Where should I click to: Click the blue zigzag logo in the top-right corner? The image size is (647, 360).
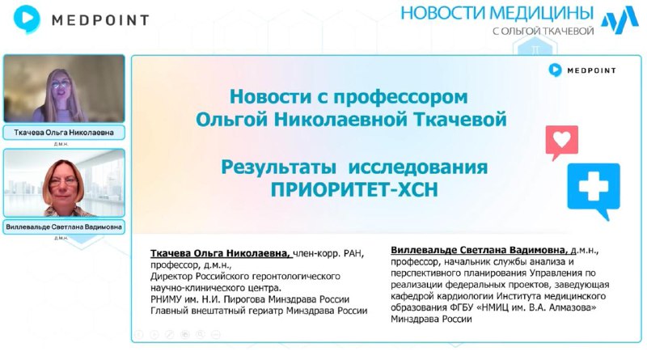point(618,21)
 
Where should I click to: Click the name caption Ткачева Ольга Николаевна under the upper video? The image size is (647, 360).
point(64,132)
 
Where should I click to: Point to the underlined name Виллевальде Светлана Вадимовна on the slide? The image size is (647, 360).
point(480,250)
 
